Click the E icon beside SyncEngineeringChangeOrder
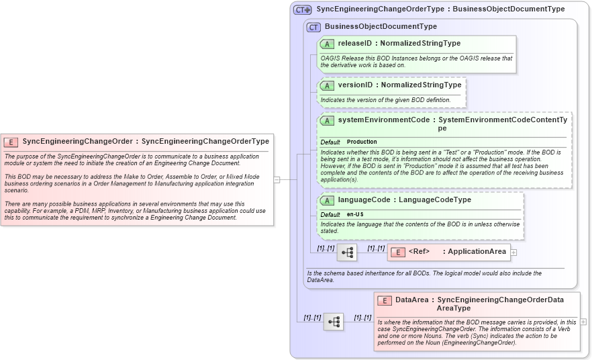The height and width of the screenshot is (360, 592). coord(11,142)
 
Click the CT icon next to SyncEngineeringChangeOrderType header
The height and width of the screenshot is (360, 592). coord(303,10)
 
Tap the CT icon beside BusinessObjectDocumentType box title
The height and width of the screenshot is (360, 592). coord(313,27)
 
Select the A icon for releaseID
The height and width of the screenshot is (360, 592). coord(327,44)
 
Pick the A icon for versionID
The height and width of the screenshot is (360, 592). coord(327,86)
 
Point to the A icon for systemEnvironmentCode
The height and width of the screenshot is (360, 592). coord(327,120)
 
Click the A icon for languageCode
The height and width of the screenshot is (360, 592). coord(327,200)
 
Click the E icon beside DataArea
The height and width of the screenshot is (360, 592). coord(385,300)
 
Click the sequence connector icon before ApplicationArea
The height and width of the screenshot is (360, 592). coord(347,253)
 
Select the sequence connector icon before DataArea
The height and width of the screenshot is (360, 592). coord(334,322)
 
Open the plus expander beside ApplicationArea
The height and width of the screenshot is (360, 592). coord(514,252)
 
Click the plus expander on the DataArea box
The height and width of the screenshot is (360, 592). coord(583,322)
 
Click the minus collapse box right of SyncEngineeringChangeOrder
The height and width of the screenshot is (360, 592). coord(277,179)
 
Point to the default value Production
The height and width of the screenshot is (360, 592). coord(362,142)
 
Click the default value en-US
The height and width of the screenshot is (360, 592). coord(355,214)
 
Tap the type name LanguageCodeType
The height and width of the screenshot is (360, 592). coord(435,200)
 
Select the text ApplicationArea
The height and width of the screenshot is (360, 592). coord(477,252)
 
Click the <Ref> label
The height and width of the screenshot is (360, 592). coord(419,252)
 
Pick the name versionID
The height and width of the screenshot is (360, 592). coord(354,85)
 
